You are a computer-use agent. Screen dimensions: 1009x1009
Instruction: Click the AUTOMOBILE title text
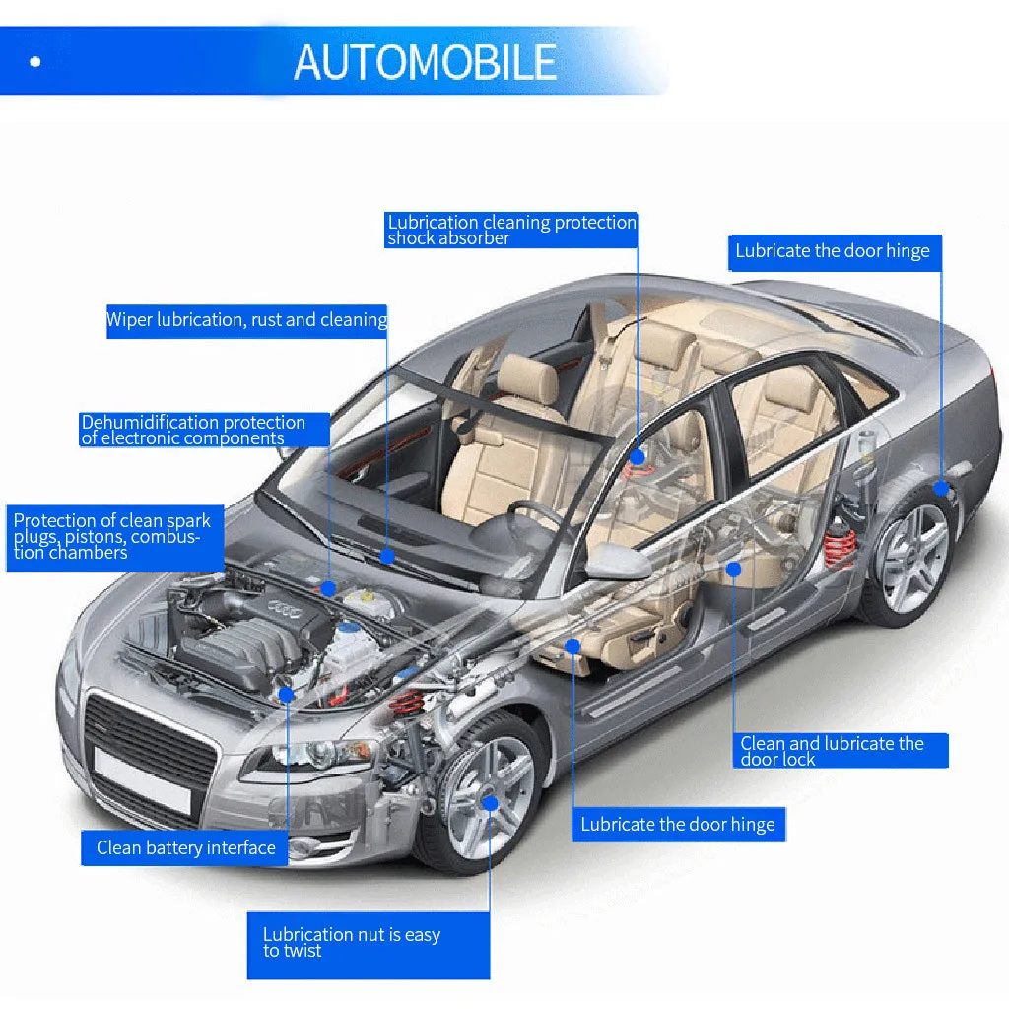pos(425,62)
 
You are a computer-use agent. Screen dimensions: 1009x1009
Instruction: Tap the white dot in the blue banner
pos(35,62)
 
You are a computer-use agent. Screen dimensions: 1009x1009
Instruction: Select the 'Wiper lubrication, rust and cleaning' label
pos(247,321)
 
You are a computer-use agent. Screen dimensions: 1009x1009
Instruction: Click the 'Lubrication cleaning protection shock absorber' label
pos(511,230)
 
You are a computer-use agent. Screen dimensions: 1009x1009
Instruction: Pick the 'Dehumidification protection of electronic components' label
pos(205,430)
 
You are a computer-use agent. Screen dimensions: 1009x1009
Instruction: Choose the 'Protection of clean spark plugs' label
pos(115,538)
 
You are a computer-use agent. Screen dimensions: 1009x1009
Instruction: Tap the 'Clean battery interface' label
pos(184,848)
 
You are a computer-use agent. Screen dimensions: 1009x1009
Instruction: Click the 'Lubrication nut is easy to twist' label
pos(369,945)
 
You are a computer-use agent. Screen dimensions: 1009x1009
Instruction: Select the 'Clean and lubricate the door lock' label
pos(841,750)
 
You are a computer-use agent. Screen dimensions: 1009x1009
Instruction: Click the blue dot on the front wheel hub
pos(491,803)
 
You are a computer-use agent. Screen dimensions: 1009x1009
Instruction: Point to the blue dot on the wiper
pos(387,556)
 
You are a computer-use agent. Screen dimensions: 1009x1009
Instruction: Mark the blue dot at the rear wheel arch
pos(941,489)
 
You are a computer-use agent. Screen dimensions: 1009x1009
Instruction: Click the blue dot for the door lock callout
pos(733,570)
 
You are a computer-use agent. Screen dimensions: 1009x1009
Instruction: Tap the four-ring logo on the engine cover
pos(283,608)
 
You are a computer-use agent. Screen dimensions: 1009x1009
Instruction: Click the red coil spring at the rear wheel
pos(840,544)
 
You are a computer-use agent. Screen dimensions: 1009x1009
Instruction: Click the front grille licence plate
pos(142,780)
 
